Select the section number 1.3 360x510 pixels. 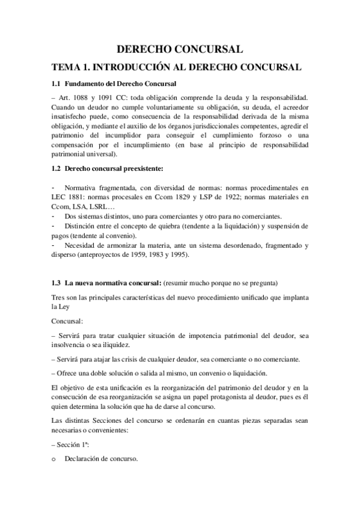[56, 283]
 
